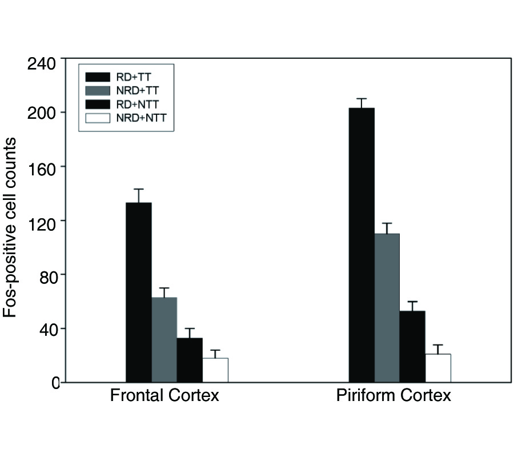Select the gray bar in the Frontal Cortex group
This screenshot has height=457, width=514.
164,339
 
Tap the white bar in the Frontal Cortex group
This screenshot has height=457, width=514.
215,370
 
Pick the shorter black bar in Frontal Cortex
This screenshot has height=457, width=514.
190,360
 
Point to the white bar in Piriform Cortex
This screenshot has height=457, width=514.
438,368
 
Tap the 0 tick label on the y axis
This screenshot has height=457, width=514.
55,383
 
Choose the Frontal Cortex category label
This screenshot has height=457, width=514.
164,396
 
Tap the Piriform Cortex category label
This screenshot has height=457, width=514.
393,396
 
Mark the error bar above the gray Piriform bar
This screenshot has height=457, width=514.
387,228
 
